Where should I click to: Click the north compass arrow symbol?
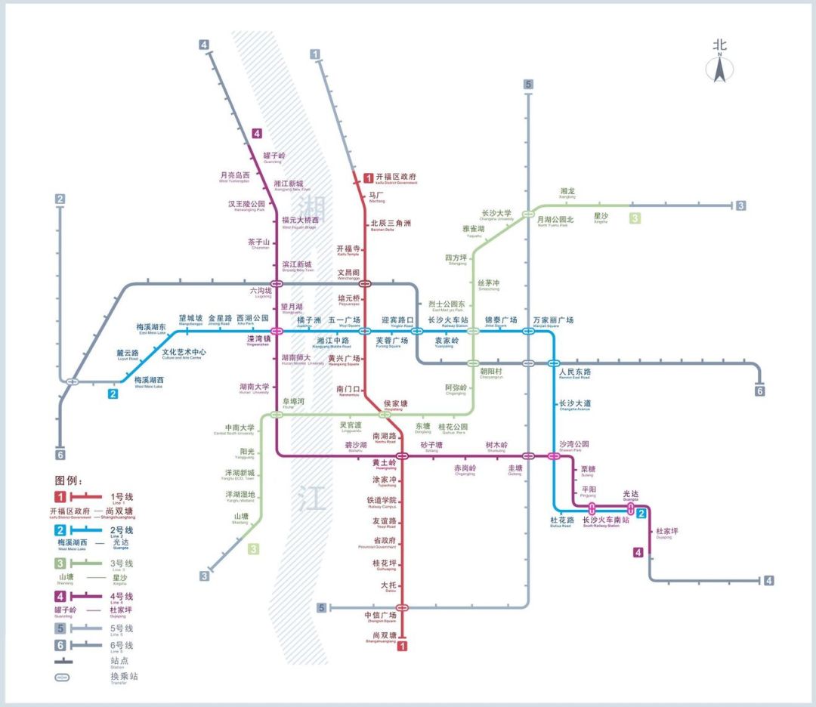point(719,69)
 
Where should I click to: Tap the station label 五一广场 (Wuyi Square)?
point(344,321)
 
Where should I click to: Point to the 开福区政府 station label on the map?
point(396,178)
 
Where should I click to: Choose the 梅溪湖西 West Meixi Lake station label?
point(149,381)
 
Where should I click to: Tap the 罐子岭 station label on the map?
point(275,156)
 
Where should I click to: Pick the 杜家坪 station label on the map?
point(667,532)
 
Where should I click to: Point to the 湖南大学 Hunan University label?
point(255,387)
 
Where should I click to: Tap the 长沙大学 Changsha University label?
point(496,214)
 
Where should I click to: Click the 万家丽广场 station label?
point(552,320)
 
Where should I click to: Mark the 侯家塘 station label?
point(395,404)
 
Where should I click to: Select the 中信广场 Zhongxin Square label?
point(380,616)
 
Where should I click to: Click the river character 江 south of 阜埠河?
point(310,499)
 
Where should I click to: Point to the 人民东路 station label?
point(575,372)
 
